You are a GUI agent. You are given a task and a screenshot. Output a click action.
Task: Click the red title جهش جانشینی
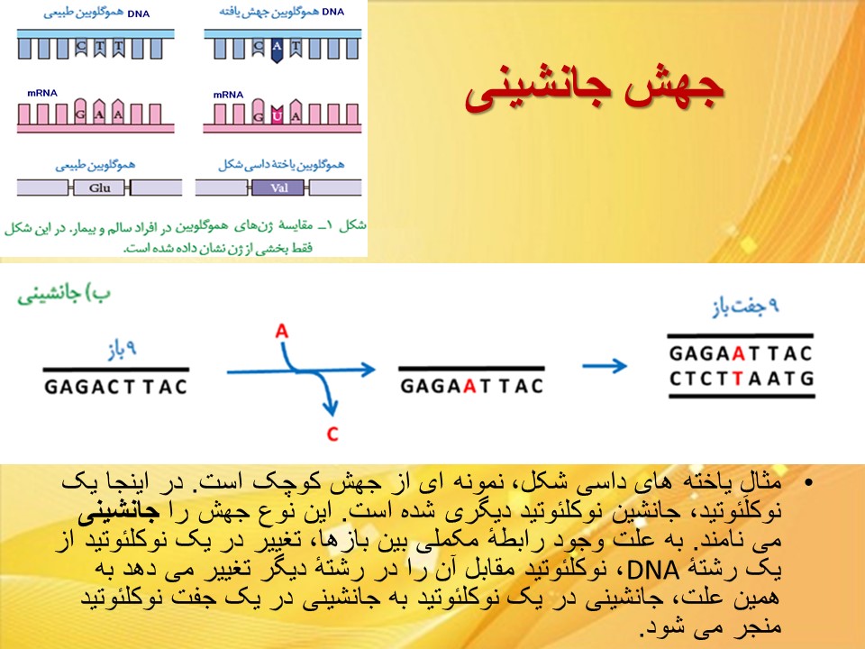pos(594,92)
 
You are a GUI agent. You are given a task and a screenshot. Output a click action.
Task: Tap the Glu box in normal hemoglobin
pos(100,188)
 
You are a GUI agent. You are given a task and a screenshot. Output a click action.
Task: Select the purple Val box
pos(278,188)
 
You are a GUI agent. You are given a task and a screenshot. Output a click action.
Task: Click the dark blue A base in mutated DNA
pos(277,50)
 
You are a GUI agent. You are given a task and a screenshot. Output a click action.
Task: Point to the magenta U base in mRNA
pos(277,114)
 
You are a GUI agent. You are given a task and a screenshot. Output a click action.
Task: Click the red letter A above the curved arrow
pos(282,331)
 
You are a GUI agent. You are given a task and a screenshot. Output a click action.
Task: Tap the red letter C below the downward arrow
pos(332,434)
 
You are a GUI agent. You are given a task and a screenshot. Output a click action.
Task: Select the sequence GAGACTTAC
pos(116,387)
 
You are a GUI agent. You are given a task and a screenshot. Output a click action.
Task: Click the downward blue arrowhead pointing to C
pos(331,408)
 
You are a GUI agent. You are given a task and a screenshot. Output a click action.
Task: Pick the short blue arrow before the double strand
pos(605,365)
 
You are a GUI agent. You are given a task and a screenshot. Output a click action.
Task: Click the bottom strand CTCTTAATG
pos(742,379)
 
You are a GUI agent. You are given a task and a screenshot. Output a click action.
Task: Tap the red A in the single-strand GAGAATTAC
pos(470,386)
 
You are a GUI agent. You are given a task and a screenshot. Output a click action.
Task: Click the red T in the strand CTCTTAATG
pos(738,379)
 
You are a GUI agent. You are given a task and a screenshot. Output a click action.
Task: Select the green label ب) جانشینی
pos(64,295)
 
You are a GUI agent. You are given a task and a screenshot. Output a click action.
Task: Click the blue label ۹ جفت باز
pos(745,306)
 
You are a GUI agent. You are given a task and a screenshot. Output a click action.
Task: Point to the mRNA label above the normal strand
pos(42,93)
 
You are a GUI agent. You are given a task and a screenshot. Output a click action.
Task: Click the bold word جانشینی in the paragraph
pos(119,512)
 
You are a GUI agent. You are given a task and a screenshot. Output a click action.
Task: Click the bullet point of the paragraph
pos(809,483)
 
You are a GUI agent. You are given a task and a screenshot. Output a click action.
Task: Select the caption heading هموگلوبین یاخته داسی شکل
pos(281,164)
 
